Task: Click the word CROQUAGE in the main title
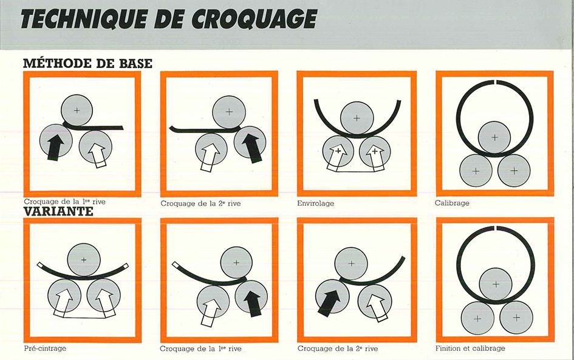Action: pos(254,19)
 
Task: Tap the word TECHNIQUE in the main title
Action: pos(84,19)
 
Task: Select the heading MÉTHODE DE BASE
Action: pos(87,63)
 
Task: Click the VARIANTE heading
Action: pos(58,211)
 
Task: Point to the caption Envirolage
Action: pos(316,203)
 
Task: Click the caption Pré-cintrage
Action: pos(45,348)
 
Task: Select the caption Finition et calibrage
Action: pos(470,348)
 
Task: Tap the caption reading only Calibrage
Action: pos(452,203)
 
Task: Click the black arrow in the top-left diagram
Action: pos(55,147)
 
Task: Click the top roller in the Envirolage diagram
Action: pos(357,118)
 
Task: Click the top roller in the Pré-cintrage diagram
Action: pos(83,260)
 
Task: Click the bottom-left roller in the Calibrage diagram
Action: pos(476,171)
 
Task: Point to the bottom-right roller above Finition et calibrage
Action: pos(516,318)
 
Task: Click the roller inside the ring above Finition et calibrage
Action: pos(496,284)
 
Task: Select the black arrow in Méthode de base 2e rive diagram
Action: pos(253,148)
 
